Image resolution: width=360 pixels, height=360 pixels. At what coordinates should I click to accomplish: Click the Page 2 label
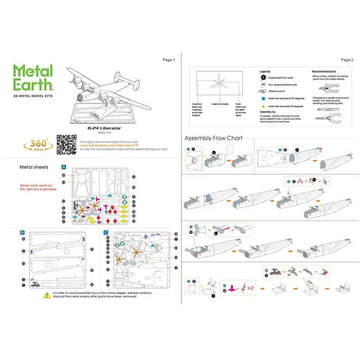point(346,59)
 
